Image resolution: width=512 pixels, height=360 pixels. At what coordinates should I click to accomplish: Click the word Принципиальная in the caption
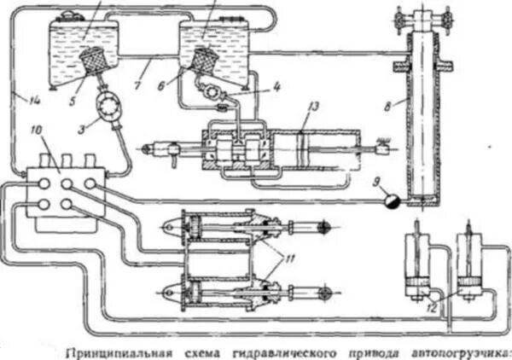[x=114, y=351]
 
